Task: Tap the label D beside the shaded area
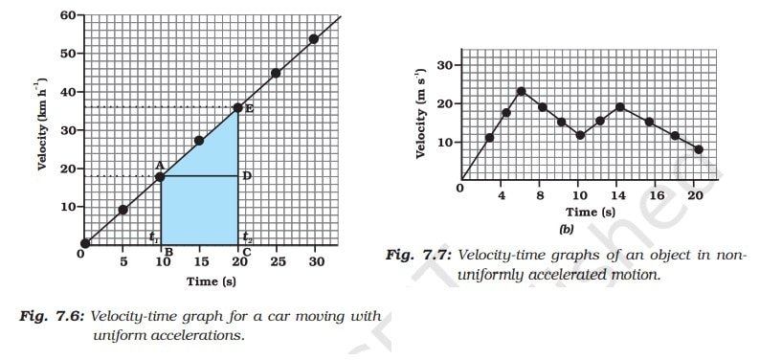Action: tap(247, 176)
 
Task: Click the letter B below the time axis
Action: tap(168, 252)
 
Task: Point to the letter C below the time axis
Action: tap(247, 252)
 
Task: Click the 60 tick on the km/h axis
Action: tap(67, 16)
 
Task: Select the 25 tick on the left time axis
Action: tap(277, 261)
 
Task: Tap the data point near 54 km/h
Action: tap(314, 39)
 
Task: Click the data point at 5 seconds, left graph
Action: tap(123, 210)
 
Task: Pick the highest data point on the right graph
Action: tap(522, 92)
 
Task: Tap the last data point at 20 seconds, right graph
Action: tap(699, 149)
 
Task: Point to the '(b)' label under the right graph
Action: tap(566, 229)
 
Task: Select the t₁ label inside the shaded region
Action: tap(153, 236)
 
